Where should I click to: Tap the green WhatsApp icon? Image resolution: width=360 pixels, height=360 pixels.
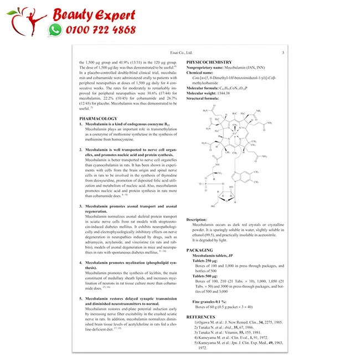click(55, 30)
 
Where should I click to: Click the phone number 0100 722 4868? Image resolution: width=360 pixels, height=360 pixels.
click(100, 30)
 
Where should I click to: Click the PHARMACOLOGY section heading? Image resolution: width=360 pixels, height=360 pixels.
click(98, 119)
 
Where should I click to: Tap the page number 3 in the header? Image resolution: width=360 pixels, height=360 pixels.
click(282, 53)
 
